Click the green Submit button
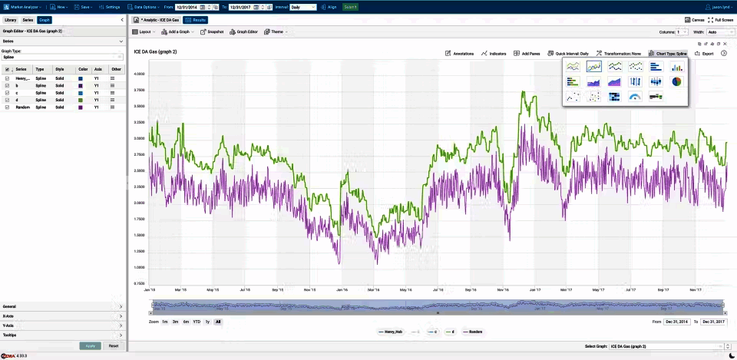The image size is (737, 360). point(350,6)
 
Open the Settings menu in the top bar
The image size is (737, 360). point(112,6)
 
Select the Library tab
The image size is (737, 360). point(10,20)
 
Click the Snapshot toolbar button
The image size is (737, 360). point(212,32)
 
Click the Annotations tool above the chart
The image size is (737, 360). point(460,54)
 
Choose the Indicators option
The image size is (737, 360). point(494,54)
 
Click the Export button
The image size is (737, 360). point(704,54)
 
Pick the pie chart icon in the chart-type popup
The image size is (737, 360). point(677,81)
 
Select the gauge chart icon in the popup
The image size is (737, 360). point(635,97)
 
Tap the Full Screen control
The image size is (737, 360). point(721,20)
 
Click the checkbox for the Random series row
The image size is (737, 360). point(7,107)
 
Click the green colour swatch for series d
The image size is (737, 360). point(81,100)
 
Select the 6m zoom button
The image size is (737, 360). point(186,322)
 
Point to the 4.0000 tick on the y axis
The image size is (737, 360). point(139,74)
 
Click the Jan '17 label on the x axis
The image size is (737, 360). point(535,290)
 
